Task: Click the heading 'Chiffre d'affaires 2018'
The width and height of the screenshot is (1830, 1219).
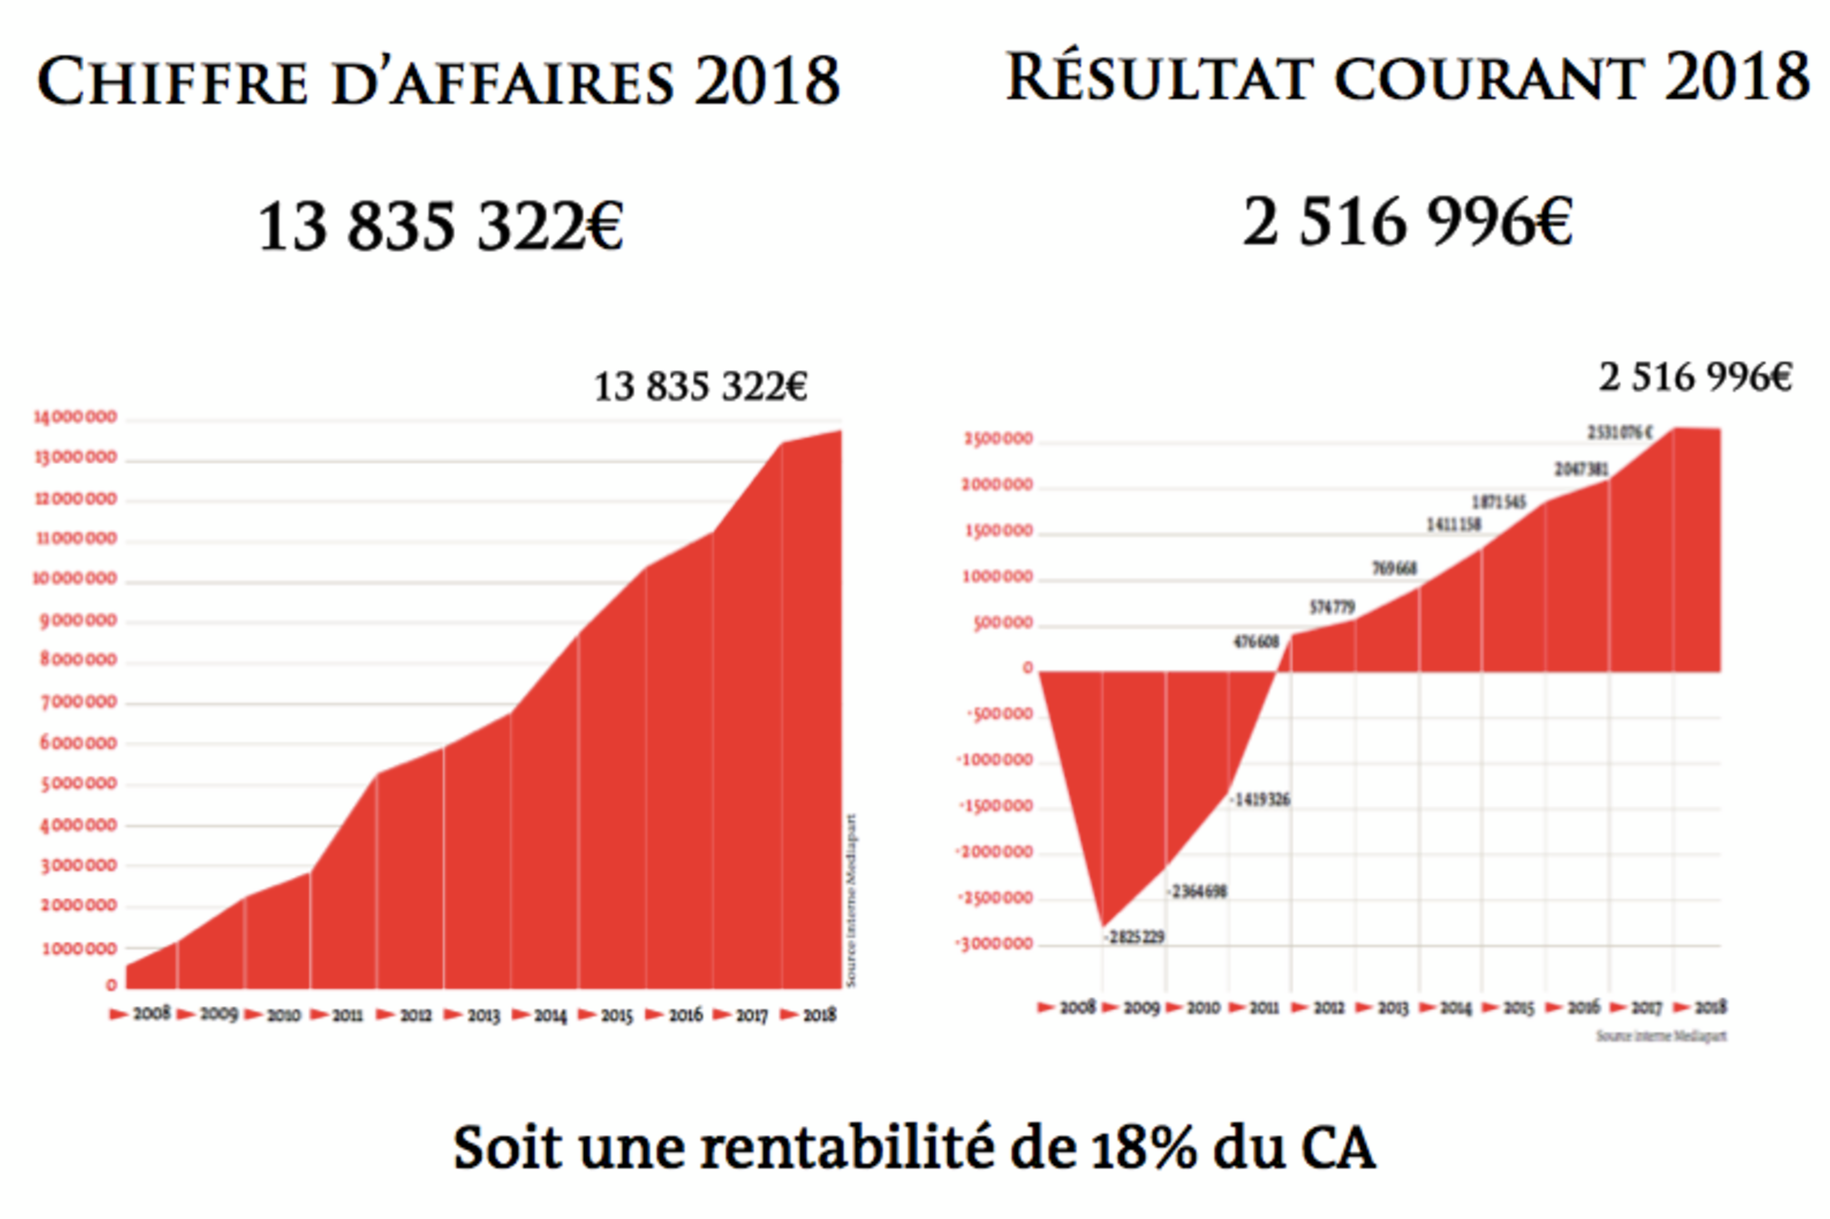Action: coord(438,81)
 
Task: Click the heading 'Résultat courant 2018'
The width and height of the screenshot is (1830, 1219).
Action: coord(1407,78)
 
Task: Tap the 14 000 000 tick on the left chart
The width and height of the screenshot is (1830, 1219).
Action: coord(75,417)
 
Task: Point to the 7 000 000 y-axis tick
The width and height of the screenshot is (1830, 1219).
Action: coord(78,702)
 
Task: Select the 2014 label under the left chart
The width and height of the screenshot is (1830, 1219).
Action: coord(549,1015)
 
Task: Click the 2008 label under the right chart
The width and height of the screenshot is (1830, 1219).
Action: coord(1077,1008)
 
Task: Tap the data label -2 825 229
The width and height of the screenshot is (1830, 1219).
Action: coord(1135,937)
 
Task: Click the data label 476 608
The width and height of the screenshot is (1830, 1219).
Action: coord(1255,642)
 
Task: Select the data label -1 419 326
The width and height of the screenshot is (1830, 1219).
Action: coord(1261,800)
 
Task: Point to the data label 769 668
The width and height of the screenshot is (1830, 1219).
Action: coord(1394,569)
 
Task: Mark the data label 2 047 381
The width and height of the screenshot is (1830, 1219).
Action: coord(1581,470)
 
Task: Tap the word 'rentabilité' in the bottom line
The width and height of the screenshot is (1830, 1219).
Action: coord(847,1148)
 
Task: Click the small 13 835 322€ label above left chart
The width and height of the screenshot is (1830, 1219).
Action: coord(700,387)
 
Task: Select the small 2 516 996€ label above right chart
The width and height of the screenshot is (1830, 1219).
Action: coord(1695,378)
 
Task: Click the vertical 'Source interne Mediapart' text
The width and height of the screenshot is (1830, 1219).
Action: coord(851,901)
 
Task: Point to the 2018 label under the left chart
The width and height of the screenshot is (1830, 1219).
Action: coord(819,1015)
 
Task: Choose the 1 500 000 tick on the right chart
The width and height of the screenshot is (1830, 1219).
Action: coord(998,531)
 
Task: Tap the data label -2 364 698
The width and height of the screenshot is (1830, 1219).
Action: coord(1197,891)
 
